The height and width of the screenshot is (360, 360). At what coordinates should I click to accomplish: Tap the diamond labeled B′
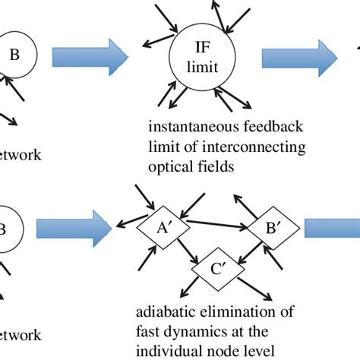coord(261,226)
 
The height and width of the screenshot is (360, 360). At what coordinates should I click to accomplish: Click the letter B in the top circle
coord(14,55)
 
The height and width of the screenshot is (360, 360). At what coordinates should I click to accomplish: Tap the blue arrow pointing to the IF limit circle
coord(90,56)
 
